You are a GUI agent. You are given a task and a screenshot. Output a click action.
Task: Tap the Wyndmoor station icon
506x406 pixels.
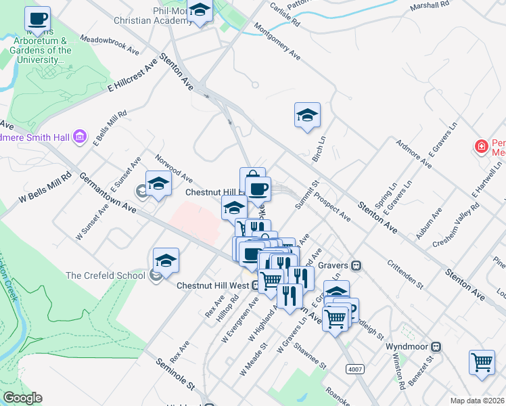(x=436, y=346)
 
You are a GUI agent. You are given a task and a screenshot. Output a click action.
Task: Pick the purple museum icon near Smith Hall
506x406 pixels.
(x=80, y=137)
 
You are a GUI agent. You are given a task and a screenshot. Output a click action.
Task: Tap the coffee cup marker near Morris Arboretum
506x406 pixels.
(x=37, y=19)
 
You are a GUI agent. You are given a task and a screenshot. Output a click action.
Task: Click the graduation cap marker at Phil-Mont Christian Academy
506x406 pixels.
(x=200, y=11)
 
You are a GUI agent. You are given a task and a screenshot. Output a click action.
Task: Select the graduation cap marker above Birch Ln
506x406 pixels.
(x=306, y=115)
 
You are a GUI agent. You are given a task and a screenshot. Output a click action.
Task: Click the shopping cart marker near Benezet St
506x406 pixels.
(x=481, y=361)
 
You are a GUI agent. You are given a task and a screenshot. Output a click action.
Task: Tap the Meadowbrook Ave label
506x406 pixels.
(x=110, y=45)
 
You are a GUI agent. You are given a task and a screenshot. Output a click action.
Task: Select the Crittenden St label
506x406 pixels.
(x=405, y=273)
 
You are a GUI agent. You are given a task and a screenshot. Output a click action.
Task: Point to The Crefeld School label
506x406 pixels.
(x=105, y=275)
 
